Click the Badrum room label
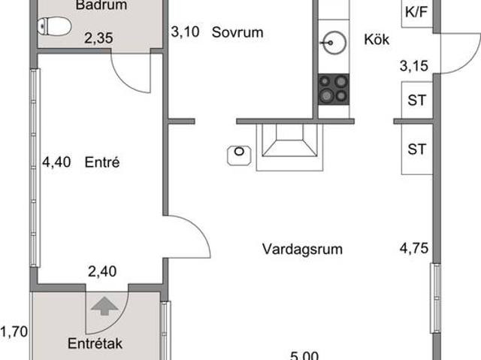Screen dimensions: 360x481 pyautogui.click(x=101, y=5)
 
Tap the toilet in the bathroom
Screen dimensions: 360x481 pyautogui.click(x=55, y=26)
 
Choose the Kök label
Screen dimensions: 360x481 pyautogui.click(x=376, y=40)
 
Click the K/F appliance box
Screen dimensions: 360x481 pyautogui.click(x=417, y=12)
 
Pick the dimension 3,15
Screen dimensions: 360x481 pyautogui.click(x=414, y=66)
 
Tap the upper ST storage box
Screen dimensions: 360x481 pyautogui.click(x=416, y=100)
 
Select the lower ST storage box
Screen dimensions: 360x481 pyautogui.click(x=416, y=149)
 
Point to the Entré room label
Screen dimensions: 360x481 pyautogui.click(x=103, y=162)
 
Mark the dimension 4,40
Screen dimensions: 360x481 pyautogui.click(x=56, y=162)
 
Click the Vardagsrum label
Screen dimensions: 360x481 pyautogui.click(x=302, y=249)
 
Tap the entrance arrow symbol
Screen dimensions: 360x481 pyautogui.click(x=103, y=305)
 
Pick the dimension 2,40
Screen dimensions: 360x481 pyautogui.click(x=103, y=273)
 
